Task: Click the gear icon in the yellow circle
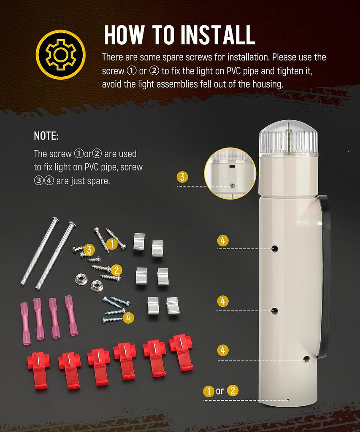(61, 54)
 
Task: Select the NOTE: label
(46, 136)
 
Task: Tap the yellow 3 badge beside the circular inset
(182, 177)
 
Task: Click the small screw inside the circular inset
(232, 186)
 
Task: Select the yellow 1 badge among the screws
(112, 244)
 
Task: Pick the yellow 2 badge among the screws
(116, 270)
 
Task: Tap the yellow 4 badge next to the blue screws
(128, 318)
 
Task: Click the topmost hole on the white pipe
(275, 249)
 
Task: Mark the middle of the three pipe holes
(274, 311)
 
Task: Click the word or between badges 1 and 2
(220, 391)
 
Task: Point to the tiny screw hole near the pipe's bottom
(288, 400)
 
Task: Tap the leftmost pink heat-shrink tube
(24, 324)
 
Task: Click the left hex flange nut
(81, 279)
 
